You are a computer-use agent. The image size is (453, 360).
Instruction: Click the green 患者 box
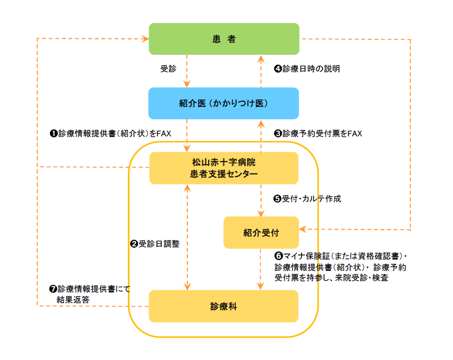(x=224, y=39)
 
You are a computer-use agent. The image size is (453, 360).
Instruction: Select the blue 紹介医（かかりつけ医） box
(x=224, y=103)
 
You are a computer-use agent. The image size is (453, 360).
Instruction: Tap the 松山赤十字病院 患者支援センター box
(x=224, y=168)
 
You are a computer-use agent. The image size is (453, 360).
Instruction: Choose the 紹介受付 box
(x=261, y=232)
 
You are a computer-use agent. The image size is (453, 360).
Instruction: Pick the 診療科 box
(x=224, y=306)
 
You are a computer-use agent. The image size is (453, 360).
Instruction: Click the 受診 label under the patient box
(x=168, y=69)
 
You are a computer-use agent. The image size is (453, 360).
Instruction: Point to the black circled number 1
(x=54, y=133)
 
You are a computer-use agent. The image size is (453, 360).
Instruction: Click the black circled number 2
(x=134, y=244)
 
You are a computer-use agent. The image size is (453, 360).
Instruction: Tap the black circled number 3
(x=278, y=133)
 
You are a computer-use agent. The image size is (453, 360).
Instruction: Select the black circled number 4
(x=278, y=69)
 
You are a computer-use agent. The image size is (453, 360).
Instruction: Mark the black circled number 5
(x=277, y=199)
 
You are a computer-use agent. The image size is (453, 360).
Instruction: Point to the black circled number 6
(x=278, y=257)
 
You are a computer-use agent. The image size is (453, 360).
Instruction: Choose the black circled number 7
(x=53, y=289)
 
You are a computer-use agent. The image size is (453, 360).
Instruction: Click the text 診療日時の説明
(x=311, y=69)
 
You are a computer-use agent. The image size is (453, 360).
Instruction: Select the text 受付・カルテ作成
(x=311, y=199)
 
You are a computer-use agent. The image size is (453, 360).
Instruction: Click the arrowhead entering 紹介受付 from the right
(x=302, y=229)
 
